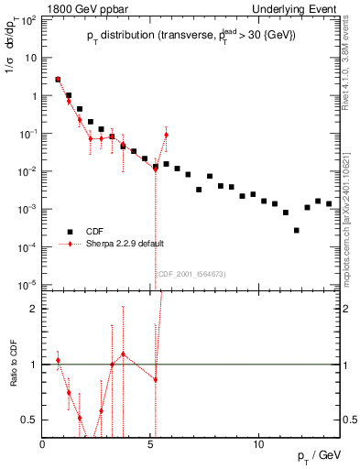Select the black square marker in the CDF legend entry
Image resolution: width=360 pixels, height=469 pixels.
click(x=69, y=233)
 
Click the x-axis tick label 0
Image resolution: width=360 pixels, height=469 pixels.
click(x=42, y=443)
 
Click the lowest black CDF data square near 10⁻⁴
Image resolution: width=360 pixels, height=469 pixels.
click(x=297, y=230)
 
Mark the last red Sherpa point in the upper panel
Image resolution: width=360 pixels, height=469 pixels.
click(x=166, y=136)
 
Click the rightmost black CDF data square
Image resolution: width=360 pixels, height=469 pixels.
click(x=329, y=203)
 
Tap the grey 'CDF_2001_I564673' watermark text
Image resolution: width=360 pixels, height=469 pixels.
click(x=191, y=273)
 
